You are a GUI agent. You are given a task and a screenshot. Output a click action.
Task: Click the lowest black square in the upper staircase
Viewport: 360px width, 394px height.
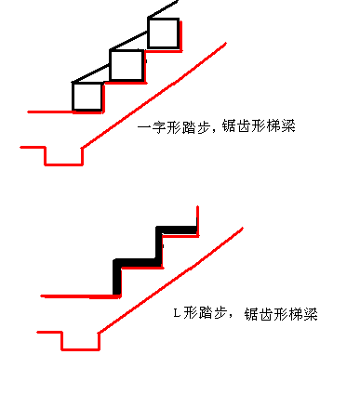coord(87,97)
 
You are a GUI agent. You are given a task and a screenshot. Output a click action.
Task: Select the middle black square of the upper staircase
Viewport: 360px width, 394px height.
coord(126,65)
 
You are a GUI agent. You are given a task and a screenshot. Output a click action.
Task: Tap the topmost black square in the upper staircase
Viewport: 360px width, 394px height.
coord(164,33)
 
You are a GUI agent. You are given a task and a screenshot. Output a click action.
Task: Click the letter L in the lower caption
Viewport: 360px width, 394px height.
coord(178,313)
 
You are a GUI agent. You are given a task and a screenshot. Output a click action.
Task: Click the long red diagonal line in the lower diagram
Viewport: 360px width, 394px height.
coord(172,280)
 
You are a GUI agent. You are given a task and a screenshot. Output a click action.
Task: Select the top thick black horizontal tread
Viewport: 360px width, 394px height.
coord(178,230)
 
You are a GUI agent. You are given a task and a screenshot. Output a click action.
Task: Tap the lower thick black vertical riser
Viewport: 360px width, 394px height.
coord(117,277)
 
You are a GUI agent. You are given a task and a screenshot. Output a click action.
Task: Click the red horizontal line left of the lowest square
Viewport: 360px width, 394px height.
coord(50,112)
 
